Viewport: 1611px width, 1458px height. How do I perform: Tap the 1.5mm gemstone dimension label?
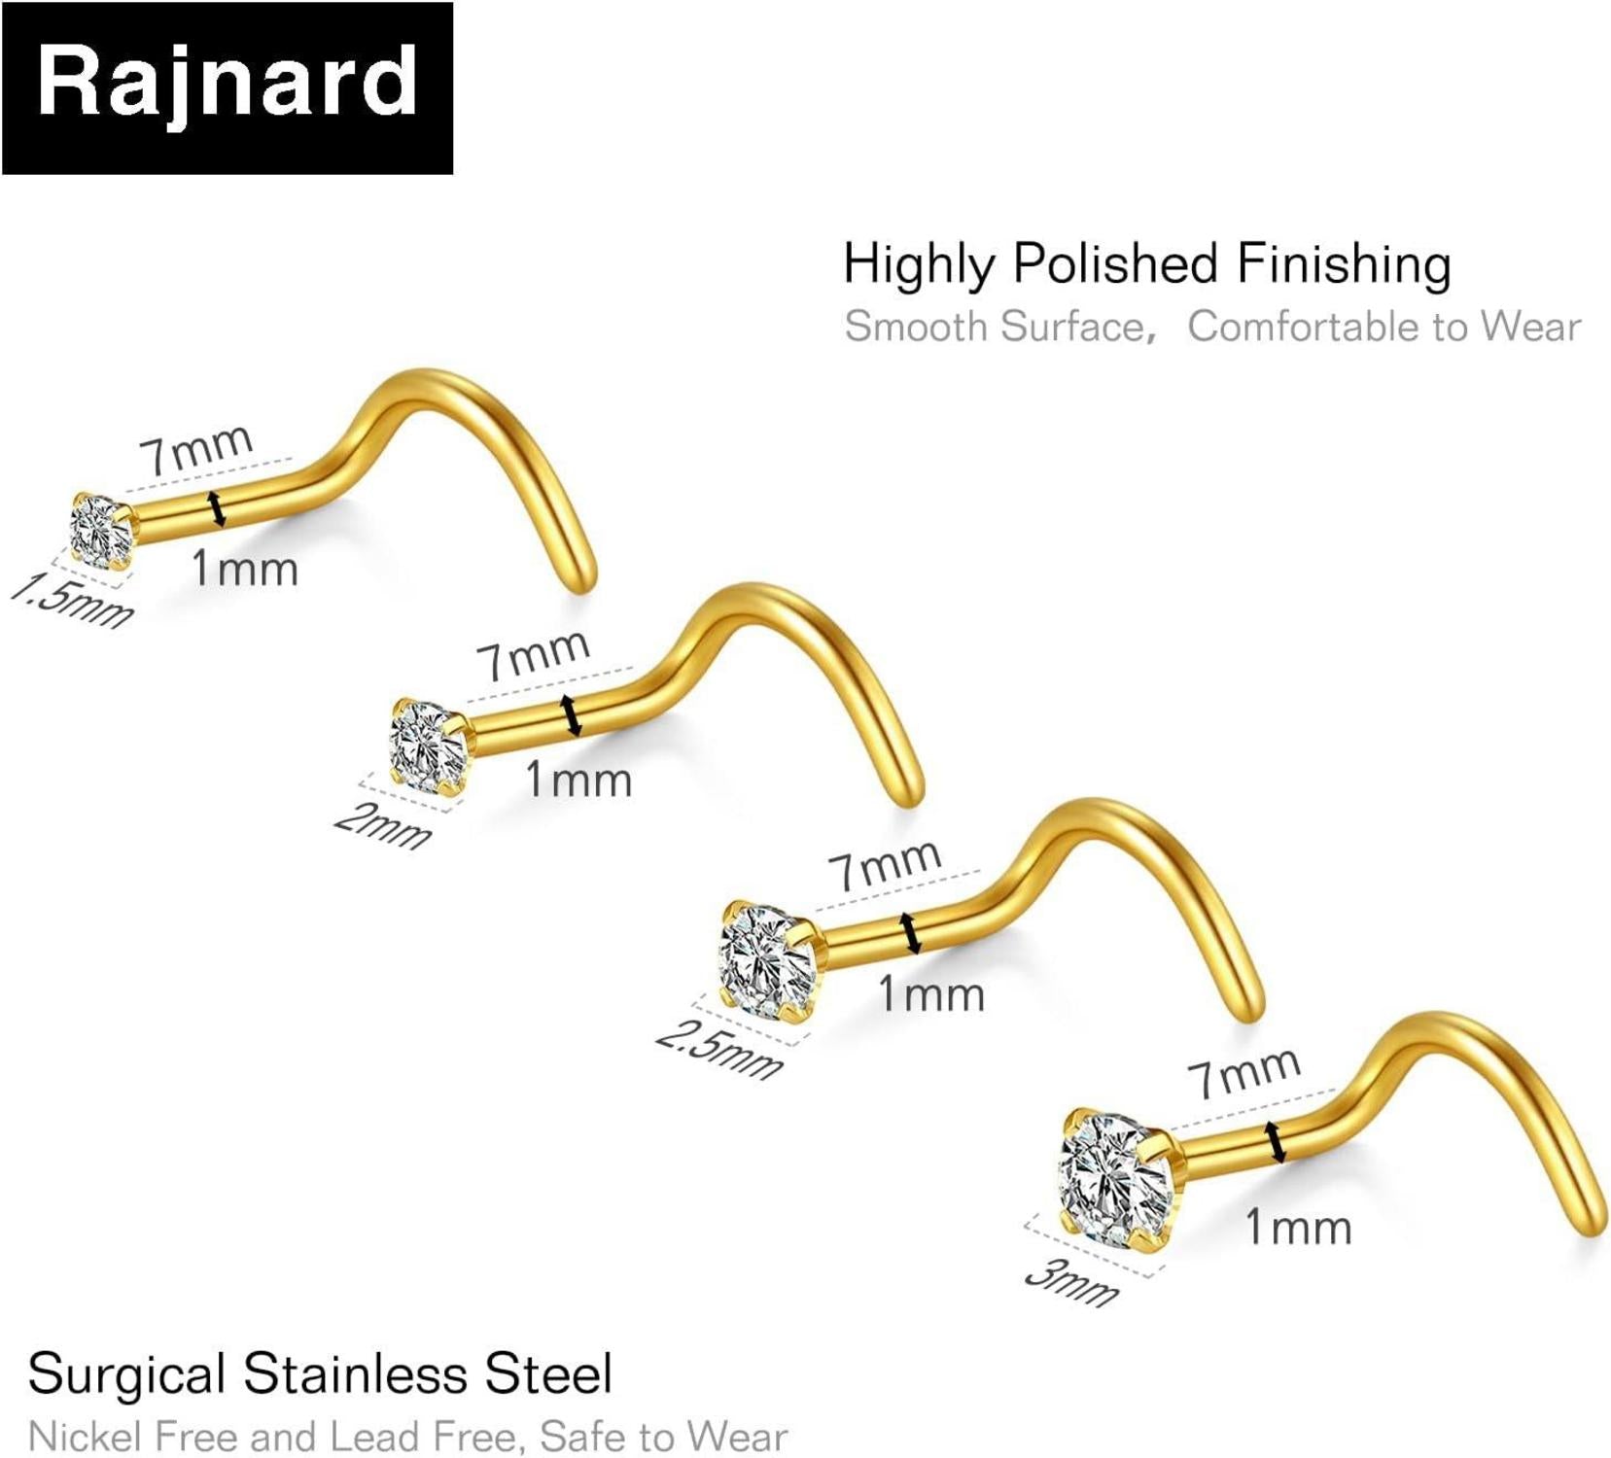[x=72, y=601]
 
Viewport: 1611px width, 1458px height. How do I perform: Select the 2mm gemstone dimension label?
[x=382, y=826]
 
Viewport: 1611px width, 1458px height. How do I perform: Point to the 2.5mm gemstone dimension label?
[x=718, y=1050]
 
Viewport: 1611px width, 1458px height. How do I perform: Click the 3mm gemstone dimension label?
[x=1072, y=1281]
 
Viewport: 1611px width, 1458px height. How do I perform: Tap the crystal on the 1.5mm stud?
[x=100, y=531]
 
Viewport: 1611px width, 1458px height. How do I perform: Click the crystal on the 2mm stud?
[x=428, y=745]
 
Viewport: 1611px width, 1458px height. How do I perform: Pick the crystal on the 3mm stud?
[x=1116, y=1177]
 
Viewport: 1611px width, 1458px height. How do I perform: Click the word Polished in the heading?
[x=1115, y=264]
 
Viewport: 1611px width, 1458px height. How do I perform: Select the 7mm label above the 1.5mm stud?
[x=195, y=449]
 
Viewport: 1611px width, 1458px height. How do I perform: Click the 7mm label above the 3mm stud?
[x=1243, y=1072]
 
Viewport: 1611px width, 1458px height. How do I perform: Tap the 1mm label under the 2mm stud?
[x=578, y=780]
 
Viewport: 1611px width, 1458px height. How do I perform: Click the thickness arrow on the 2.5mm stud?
[x=910, y=933]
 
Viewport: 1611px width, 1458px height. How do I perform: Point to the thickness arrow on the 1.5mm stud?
[x=218, y=509]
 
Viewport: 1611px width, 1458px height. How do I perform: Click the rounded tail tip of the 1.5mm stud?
[x=582, y=581]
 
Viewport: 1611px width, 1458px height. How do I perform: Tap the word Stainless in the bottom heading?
[x=355, y=1374]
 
